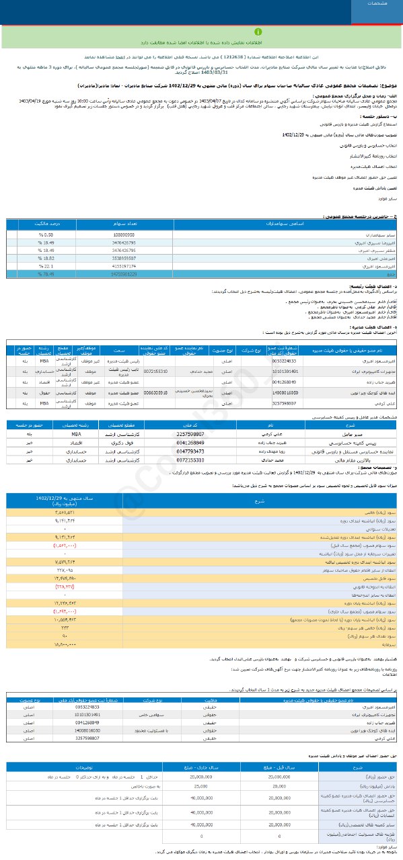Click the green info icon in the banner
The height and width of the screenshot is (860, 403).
256,31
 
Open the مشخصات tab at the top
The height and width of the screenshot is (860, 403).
376,4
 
